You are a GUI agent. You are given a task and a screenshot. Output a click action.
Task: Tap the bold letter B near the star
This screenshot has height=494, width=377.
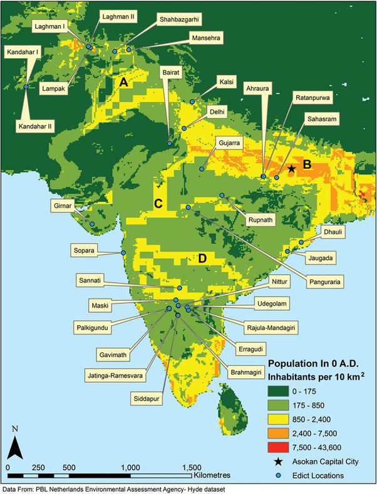307,164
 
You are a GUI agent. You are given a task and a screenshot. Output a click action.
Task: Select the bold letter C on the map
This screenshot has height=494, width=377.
158,203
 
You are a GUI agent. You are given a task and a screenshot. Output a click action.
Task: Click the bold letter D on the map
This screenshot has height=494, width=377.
202,258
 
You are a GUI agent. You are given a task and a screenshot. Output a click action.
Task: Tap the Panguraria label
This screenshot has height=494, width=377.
326,282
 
